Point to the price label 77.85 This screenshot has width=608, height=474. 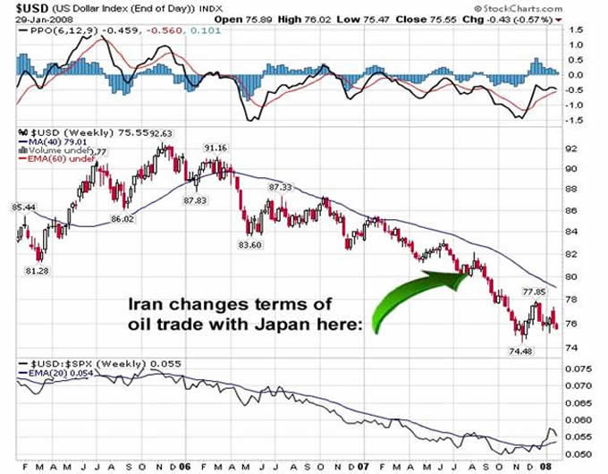coord(534,292)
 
